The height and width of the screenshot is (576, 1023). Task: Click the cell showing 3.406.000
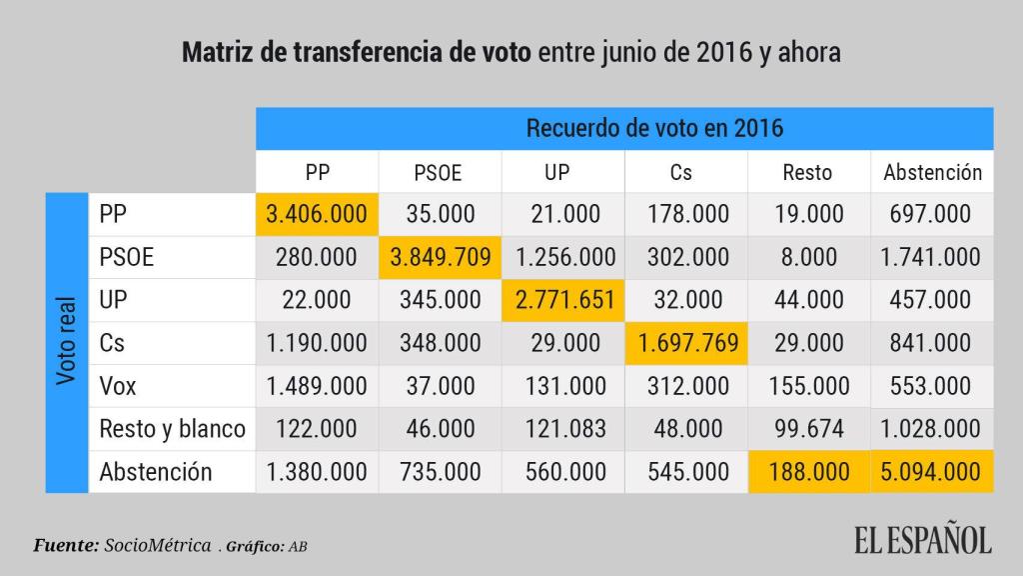coord(317,213)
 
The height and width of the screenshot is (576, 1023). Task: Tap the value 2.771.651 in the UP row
coord(564,299)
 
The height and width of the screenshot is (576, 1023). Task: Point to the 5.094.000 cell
coord(931,471)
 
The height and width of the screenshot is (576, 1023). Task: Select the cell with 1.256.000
coord(564,256)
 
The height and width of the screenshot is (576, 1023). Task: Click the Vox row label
coord(118,385)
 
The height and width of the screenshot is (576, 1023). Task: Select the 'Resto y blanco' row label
coord(172,428)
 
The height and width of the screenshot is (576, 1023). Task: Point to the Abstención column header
coord(932,172)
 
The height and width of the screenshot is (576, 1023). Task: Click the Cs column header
coord(681,172)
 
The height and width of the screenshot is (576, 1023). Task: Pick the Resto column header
coord(807,172)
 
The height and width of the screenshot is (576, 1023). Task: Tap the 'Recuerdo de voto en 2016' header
coord(654,128)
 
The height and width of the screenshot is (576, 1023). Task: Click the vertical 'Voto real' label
coord(67,342)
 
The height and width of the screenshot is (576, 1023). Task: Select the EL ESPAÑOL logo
coord(922,542)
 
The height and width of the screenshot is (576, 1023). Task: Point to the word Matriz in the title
coord(216,52)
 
